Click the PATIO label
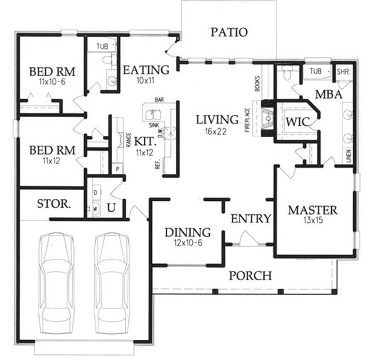tap(229, 32)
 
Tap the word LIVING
tap(217, 119)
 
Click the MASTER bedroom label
tap(312, 210)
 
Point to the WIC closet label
tap(298, 122)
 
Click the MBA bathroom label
tap(328, 94)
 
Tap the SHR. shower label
tap(342, 71)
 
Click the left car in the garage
tap(57, 278)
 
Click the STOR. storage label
tap(54, 205)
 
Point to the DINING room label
tap(187, 232)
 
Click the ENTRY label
tap(251, 219)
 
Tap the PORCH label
tap(250, 275)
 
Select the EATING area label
tap(146, 70)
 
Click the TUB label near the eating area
tap(102, 47)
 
